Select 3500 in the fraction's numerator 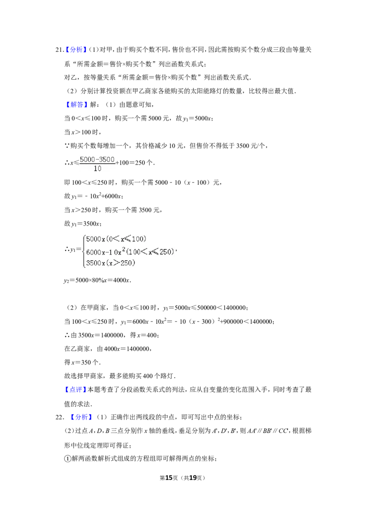click(107, 160)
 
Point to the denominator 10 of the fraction click(97, 169)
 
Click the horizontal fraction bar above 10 click(97, 164)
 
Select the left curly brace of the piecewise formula click(83, 251)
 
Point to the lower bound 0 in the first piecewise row click(110, 239)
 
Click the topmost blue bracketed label click(77, 50)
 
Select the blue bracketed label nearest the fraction click(77, 105)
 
